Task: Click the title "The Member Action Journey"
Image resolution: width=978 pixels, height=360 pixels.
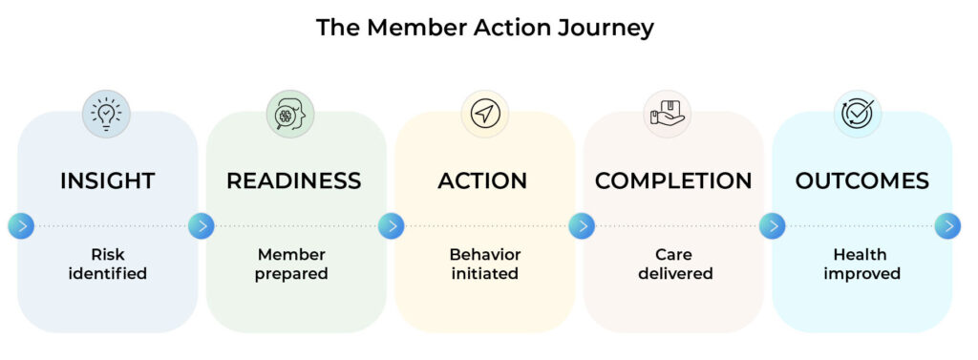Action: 484,28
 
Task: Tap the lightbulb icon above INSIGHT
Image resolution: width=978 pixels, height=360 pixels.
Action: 107,114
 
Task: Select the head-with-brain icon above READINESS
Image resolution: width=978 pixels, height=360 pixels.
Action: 290,114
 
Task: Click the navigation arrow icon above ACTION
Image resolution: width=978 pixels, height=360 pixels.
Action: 485,114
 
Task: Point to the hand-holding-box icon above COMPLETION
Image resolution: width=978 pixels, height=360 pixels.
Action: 668,114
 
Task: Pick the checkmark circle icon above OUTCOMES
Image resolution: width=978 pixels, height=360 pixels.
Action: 858,114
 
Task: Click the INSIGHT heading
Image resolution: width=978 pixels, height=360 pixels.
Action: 107,180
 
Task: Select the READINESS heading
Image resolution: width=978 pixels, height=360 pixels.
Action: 294,180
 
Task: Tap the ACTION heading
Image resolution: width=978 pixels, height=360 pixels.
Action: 482,180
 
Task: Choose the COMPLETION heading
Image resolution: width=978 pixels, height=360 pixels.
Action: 673,180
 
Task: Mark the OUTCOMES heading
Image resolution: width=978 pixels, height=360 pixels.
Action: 862,180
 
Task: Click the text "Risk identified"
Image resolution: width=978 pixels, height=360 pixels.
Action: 107,264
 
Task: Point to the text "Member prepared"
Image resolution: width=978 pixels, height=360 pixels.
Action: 291,264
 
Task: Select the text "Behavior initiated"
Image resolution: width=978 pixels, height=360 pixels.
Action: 484,264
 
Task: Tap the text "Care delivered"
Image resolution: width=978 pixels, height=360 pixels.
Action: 675,264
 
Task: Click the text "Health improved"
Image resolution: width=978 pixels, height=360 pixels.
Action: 862,264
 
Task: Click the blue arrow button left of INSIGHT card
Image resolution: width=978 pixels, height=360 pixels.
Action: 21,226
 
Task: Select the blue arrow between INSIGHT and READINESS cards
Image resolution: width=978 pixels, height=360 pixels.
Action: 202,226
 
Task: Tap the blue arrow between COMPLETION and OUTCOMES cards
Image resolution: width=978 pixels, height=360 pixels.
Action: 772,226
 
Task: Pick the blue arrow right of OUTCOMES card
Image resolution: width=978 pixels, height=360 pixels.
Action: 947,226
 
